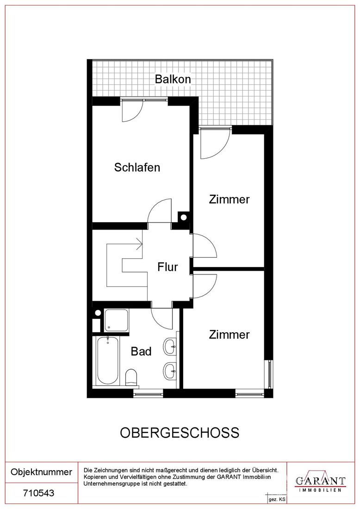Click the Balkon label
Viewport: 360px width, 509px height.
tap(173, 79)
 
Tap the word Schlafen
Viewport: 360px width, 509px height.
tap(137, 168)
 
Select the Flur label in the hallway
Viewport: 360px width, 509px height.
tap(168, 267)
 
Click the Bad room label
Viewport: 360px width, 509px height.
tap(141, 351)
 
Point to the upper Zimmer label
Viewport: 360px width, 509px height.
tap(229, 199)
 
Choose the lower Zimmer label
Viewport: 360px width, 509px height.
tap(229, 335)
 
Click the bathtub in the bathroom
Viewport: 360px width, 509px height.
tap(108, 360)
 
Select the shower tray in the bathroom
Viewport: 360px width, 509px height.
tap(116, 320)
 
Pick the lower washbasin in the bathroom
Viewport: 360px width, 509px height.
tap(170, 371)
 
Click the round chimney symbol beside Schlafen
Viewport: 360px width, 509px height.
tap(183, 217)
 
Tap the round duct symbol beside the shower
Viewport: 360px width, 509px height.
tap(98, 313)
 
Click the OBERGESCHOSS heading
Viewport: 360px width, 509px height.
tap(180, 433)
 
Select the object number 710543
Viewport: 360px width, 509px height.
tap(38, 493)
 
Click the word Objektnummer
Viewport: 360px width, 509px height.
tap(42, 472)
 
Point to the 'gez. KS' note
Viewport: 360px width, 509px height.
tap(277, 500)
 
